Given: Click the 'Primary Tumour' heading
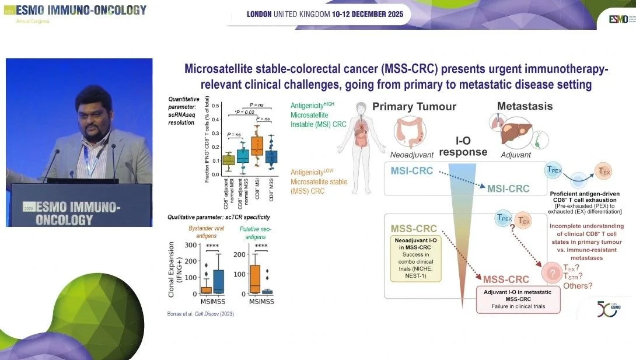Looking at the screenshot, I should click(415, 107).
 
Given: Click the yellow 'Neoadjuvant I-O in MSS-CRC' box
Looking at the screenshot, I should click(416, 259).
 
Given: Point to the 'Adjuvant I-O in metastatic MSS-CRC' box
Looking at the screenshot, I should click(518, 299).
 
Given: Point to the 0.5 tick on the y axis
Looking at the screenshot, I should click(216, 106).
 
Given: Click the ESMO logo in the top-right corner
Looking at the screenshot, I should click(618, 19).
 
